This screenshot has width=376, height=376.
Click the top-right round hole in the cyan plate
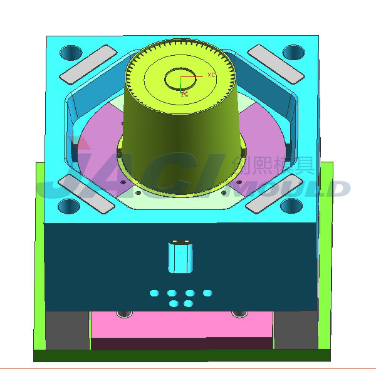[293, 52]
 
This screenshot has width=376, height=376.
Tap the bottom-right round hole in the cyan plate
[293, 206]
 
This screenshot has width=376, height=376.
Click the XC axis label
[211, 75]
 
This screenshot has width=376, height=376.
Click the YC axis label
[184, 95]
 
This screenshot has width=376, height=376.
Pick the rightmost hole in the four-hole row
[207, 293]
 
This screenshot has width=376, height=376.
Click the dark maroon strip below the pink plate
[182, 343]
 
